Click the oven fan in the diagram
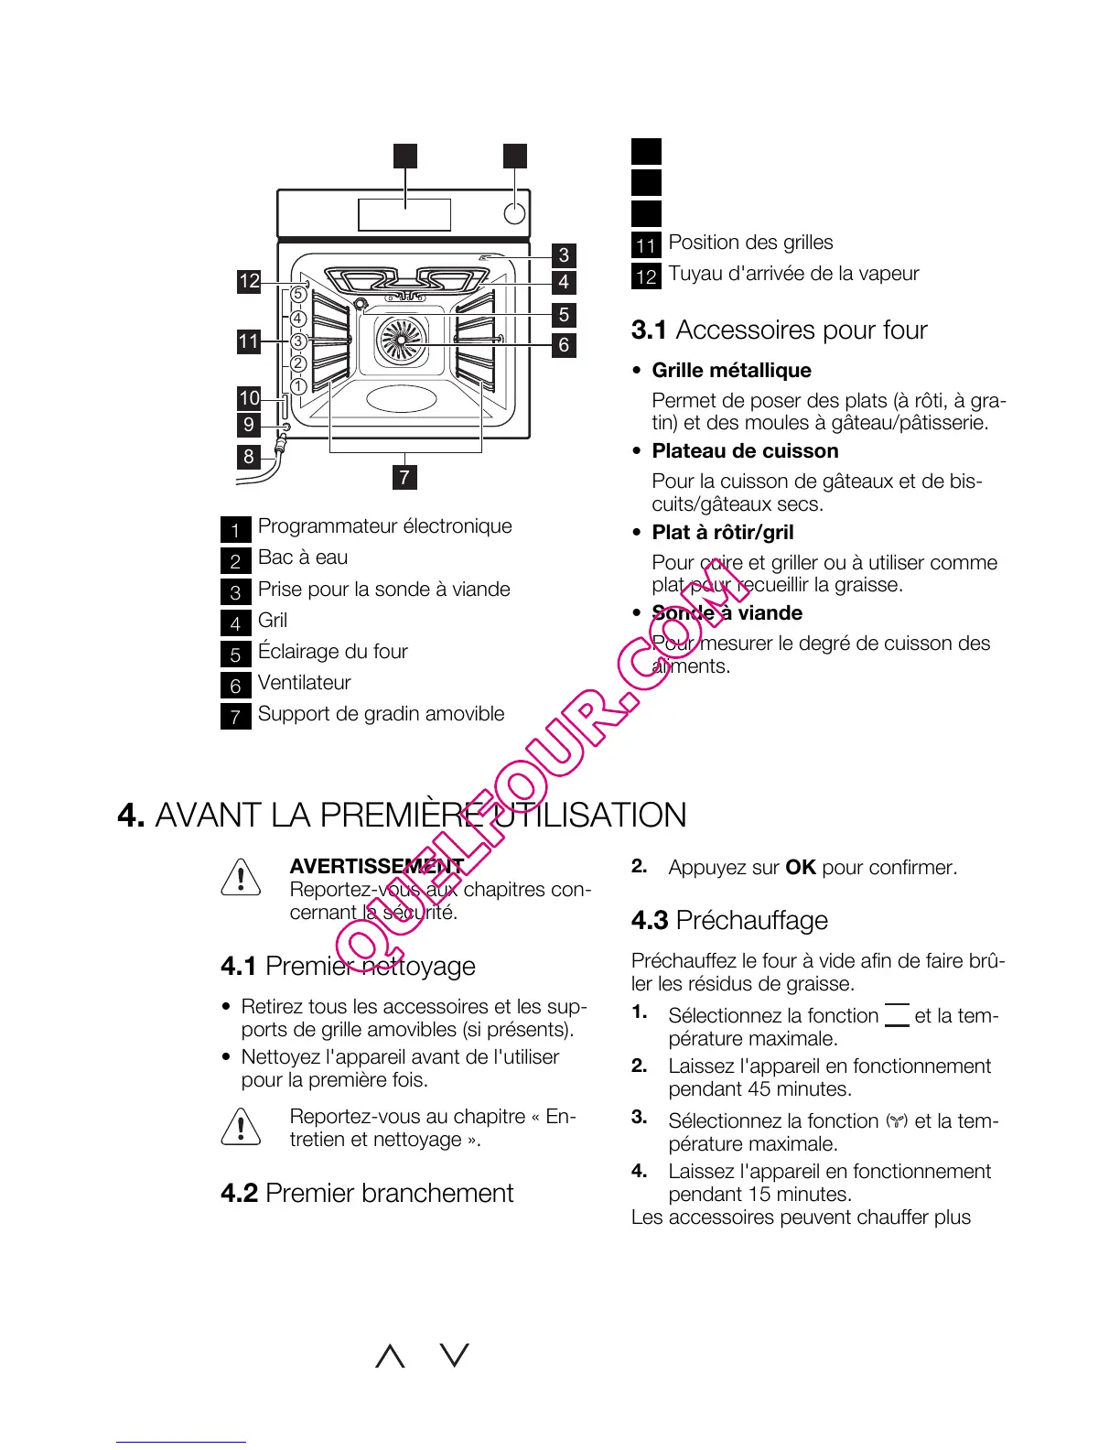[x=401, y=340]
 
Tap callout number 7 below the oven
[x=404, y=477]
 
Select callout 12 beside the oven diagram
[x=249, y=281]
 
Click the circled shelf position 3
[x=298, y=341]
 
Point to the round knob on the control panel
[x=515, y=213]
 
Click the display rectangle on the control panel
[x=404, y=214]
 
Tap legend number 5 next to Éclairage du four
[x=235, y=654]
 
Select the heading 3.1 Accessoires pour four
[x=779, y=330]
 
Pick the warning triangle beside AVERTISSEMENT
[x=241, y=877]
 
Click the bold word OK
[x=800, y=867]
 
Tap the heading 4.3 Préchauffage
[x=729, y=920]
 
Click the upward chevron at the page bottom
[x=390, y=1356]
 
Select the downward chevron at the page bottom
[x=455, y=1356]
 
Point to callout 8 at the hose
[x=249, y=456]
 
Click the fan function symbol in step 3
[x=897, y=1120]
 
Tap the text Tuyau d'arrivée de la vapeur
[x=793, y=274]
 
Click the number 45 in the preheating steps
[x=759, y=1089]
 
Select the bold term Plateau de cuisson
[x=745, y=451]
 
